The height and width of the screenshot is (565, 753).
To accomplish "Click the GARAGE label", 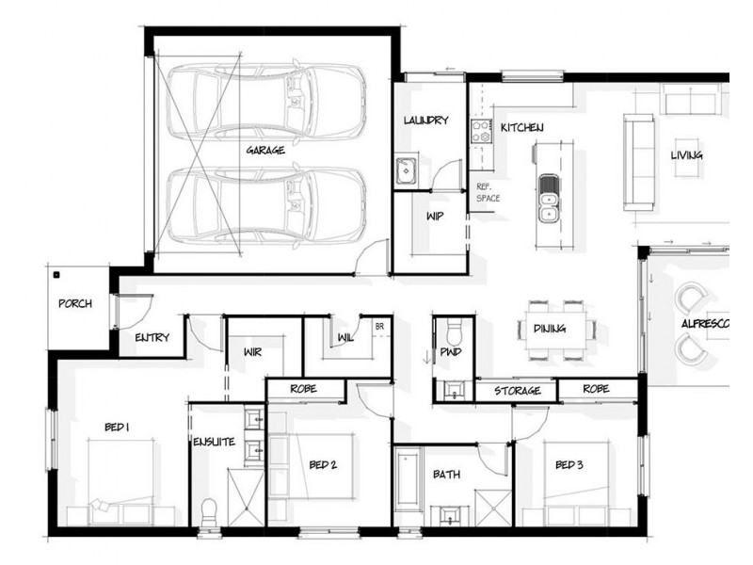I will click(265, 150).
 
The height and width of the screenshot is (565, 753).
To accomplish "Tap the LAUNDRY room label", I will click(425, 121).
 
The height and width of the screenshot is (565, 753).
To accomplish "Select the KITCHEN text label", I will click(522, 127).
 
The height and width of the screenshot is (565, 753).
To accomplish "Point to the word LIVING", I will click(686, 155).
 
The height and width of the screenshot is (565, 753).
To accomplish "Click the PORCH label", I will click(75, 303).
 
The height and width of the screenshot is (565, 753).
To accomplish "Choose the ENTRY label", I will click(152, 337).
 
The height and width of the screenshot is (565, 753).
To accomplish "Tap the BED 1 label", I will click(117, 427).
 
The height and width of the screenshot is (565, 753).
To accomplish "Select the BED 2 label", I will click(323, 463).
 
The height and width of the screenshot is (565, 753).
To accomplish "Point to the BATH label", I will click(446, 475).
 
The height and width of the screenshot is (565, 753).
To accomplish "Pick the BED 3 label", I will click(570, 464).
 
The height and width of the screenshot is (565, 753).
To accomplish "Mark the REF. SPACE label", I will click(487, 192).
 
